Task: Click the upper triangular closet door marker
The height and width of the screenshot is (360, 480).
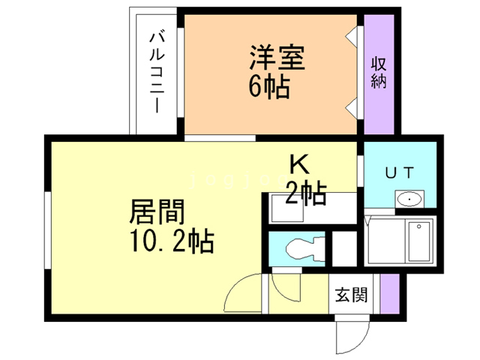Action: point(352,34)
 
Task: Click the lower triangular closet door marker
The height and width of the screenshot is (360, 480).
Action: point(352,106)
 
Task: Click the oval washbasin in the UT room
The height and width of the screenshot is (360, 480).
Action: point(409,199)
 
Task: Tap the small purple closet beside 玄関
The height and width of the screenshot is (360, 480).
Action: point(388,294)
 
